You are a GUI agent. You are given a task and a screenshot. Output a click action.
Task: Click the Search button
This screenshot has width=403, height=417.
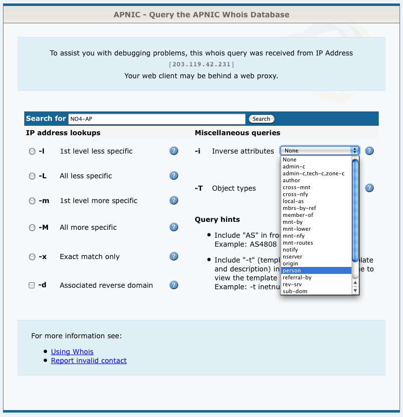pos(261,119)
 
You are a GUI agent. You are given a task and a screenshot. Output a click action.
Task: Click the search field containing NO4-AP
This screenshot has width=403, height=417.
pos(156,119)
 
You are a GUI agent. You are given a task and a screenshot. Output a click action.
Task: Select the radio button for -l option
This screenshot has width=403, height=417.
pos(32,152)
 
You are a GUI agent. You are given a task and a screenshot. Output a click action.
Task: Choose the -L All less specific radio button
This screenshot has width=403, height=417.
pos(32,176)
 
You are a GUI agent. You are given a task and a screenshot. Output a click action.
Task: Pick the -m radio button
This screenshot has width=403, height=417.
pos(32,201)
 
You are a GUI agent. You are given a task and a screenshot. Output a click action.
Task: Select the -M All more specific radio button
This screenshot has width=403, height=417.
pos(32,228)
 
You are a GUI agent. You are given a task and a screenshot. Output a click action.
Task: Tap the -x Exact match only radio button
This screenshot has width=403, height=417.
pos(32,257)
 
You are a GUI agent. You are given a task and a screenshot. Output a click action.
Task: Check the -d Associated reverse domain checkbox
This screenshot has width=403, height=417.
pos(32,286)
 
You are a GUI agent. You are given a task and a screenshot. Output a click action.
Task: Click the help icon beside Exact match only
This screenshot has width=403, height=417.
pos(174,256)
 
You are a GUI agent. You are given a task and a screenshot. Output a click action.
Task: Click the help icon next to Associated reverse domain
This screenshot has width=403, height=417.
pos(174,285)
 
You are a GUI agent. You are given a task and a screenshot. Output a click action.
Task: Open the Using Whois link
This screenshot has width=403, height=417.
pos(72,352)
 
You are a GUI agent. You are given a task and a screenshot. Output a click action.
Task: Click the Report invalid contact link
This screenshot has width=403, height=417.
pos(89,361)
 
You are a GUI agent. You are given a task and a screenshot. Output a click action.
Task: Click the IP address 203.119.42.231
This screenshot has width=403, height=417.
pos(201,64)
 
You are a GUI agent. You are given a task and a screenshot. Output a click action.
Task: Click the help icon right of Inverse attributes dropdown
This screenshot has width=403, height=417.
pos(369,151)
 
